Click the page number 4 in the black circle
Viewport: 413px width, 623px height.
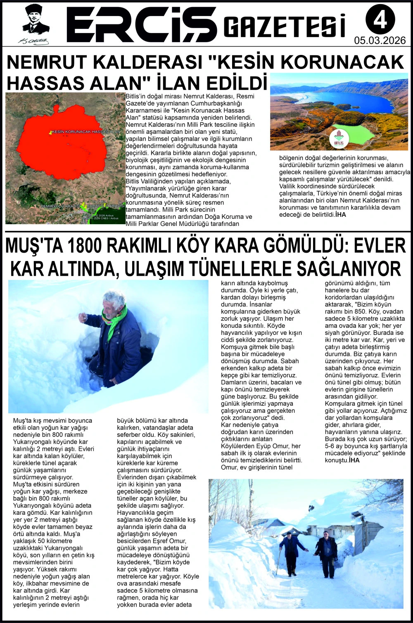coord(380,19)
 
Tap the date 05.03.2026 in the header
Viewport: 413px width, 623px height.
coord(380,40)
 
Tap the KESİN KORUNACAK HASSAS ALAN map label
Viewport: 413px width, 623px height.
coord(86,131)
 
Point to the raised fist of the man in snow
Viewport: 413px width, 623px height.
coord(83,317)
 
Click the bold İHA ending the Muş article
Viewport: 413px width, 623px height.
coord(354,460)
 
